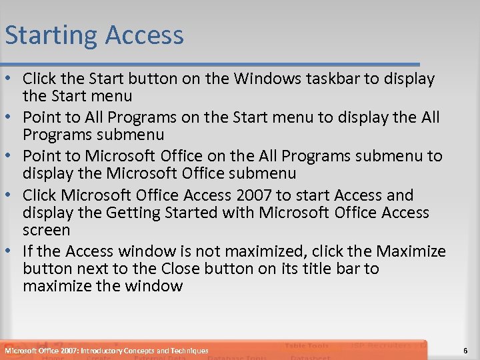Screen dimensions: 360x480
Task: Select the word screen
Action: tap(46, 230)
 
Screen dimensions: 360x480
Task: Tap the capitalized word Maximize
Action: tap(411, 251)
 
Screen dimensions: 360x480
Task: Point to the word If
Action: tap(28, 251)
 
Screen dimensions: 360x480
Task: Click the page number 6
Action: tap(464, 351)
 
